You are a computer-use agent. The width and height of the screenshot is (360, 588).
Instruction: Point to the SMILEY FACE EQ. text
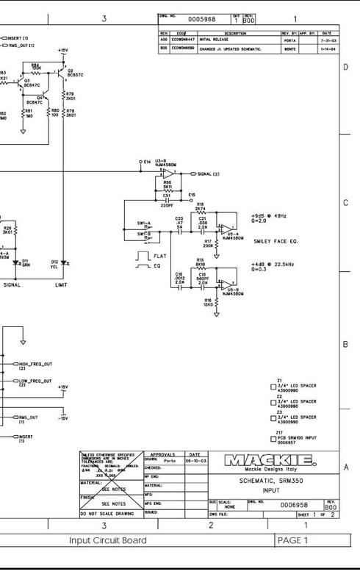point(277,240)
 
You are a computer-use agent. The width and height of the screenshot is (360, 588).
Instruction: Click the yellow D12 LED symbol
point(62,262)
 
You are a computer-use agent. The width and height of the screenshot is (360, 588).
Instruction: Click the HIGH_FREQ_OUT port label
point(34,364)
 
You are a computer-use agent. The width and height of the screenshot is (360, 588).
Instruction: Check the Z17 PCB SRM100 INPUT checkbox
point(273,439)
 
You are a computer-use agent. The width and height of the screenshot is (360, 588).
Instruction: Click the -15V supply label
point(63,419)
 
